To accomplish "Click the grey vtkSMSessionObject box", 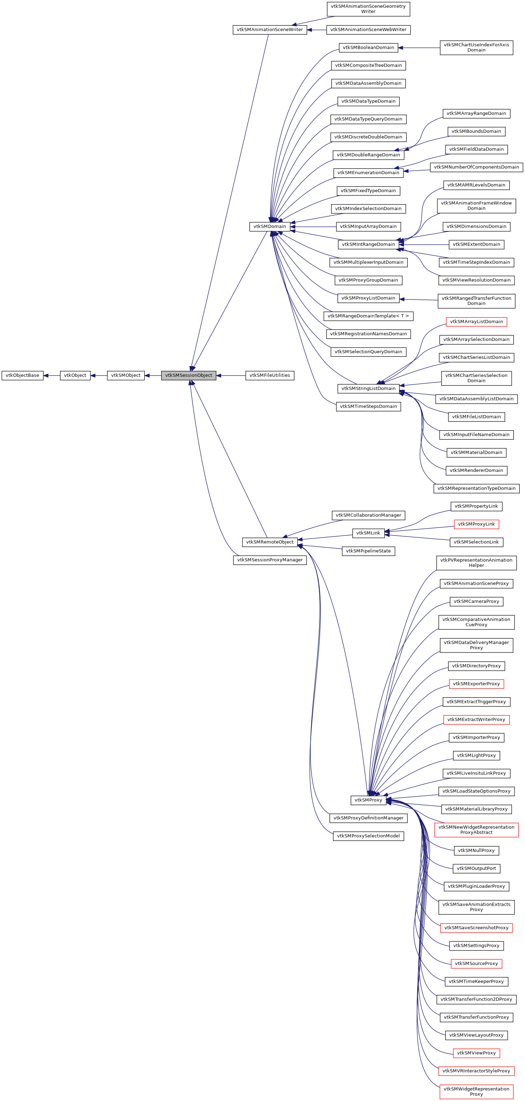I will point(189,375).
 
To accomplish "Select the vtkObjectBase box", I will point(22,375).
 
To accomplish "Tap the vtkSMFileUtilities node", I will point(269,375).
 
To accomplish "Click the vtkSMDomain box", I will point(269,226).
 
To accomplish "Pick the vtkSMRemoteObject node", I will point(269,542).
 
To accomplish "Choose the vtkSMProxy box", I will point(368,800).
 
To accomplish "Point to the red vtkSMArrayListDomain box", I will point(476,321).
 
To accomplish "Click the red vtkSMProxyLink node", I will point(476,524).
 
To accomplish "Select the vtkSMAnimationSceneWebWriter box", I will point(368,29).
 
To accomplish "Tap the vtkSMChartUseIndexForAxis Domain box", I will point(476,47).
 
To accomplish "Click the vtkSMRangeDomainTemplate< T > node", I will point(368,316).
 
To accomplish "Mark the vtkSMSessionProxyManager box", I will point(269,560).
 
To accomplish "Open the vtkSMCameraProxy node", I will point(476,601).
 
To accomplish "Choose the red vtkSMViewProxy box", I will point(476,1053).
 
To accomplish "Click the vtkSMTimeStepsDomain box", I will point(368,406).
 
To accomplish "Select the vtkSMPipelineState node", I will point(368,551).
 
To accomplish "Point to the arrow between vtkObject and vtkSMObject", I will point(99,375).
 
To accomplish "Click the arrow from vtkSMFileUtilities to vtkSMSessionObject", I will point(231,375).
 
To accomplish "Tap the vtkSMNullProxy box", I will point(476,851).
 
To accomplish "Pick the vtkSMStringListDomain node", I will point(368,388).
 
